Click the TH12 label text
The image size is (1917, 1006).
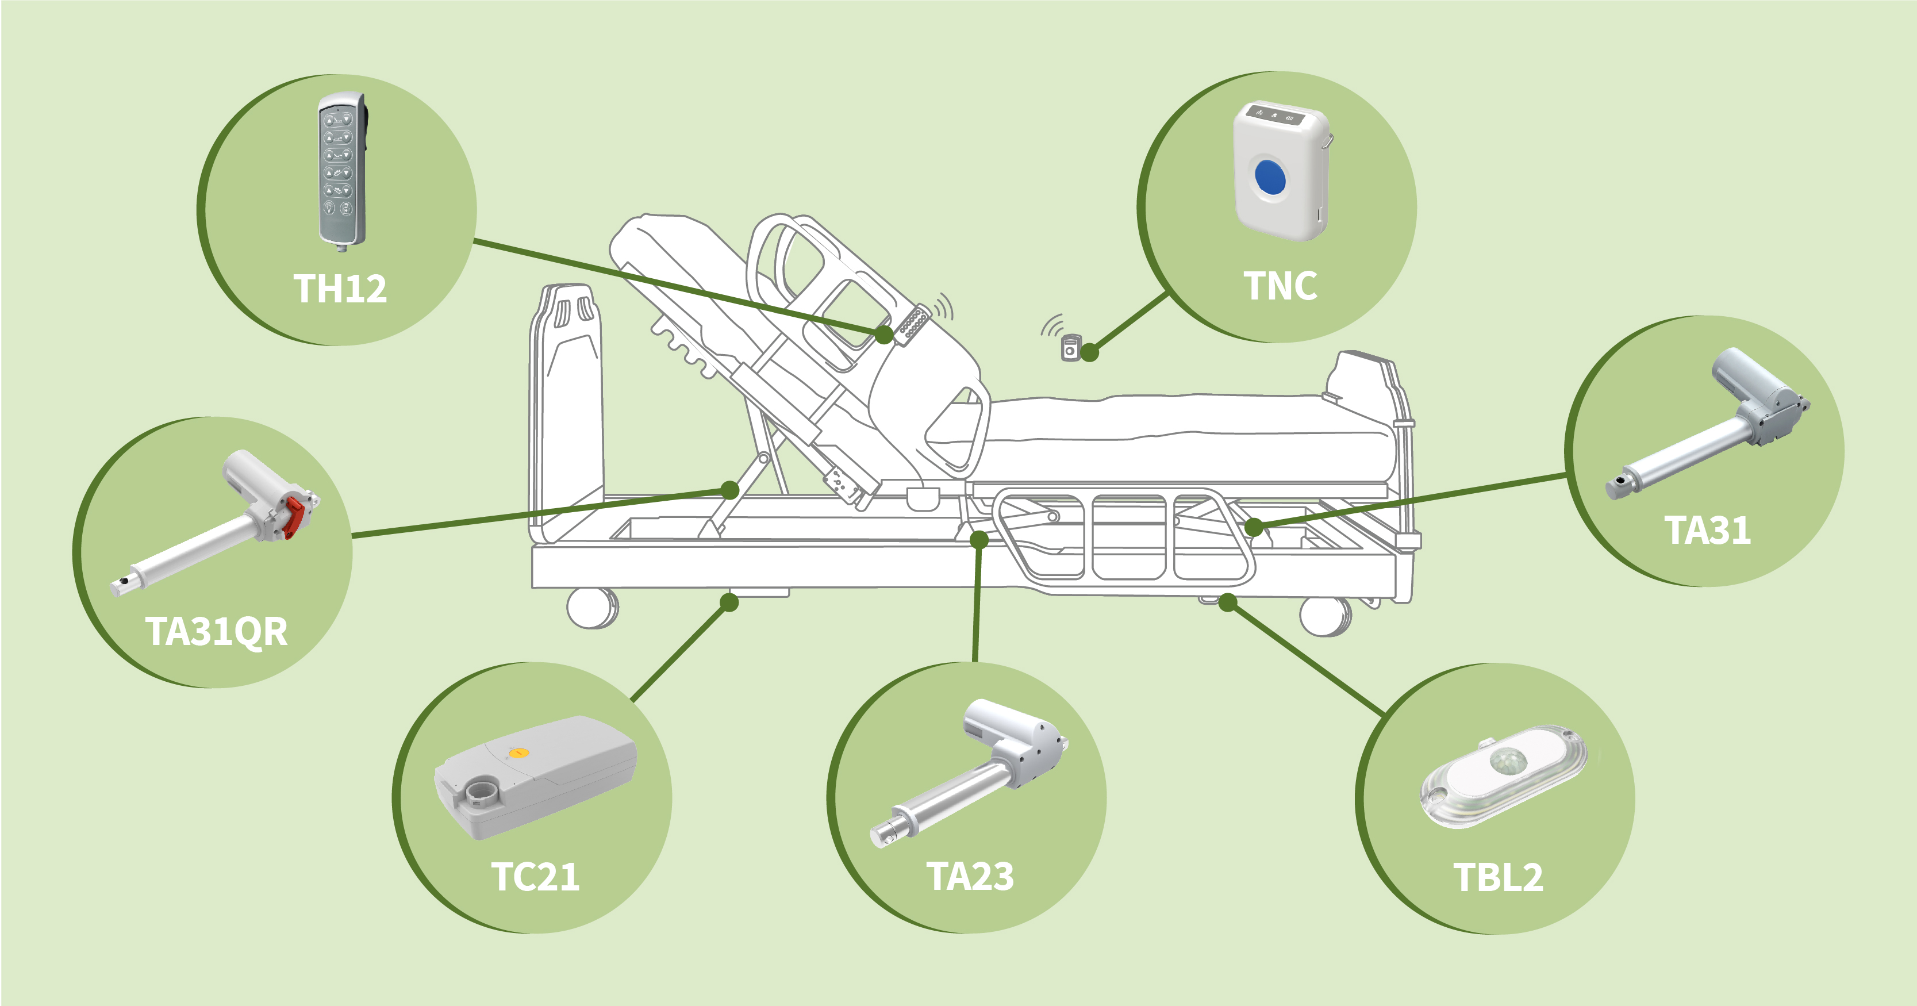(340, 289)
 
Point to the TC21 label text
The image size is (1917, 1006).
(535, 877)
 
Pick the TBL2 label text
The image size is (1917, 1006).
(1497, 877)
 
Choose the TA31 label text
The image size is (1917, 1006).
(1707, 531)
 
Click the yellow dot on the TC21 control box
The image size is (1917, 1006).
(521, 753)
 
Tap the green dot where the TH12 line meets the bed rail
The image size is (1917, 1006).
(883, 334)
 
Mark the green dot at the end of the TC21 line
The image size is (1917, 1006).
(729, 602)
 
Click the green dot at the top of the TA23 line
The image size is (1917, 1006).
(979, 539)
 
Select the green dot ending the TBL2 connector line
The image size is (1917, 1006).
(1228, 602)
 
